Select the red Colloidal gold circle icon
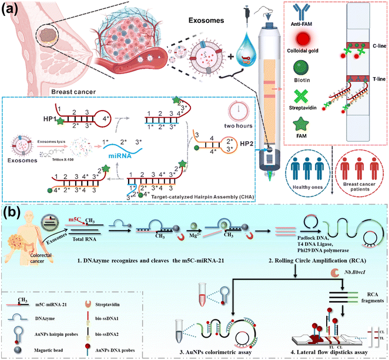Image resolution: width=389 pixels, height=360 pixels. pyautogui.click(x=303, y=61)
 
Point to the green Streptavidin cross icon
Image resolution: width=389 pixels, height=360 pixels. pyautogui.click(x=303, y=129)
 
